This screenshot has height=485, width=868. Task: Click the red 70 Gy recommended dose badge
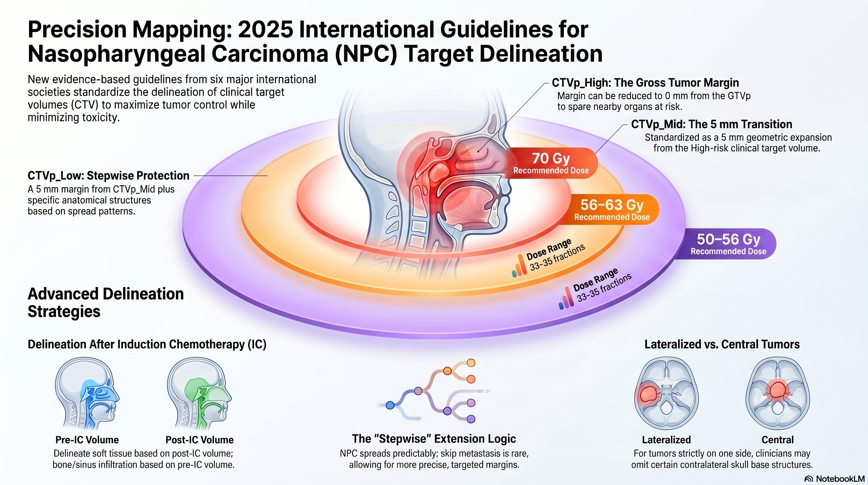[x=551, y=163]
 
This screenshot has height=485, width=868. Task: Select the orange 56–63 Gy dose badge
[x=612, y=209]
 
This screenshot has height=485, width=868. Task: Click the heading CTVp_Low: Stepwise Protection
[x=108, y=176]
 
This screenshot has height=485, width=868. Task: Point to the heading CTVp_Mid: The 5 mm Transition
[x=712, y=124]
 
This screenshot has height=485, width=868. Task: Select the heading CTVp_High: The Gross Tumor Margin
[x=645, y=83]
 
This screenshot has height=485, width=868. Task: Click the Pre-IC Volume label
[x=87, y=440]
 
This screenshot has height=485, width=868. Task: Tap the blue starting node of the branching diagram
[x=390, y=405]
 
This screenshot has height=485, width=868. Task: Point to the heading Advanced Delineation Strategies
[x=105, y=302]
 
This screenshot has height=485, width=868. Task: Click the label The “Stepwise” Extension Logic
[x=434, y=439]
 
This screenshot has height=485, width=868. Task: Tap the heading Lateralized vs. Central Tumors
[x=722, y=344]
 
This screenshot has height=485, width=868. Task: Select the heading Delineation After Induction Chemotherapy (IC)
[x=147, y=344]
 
